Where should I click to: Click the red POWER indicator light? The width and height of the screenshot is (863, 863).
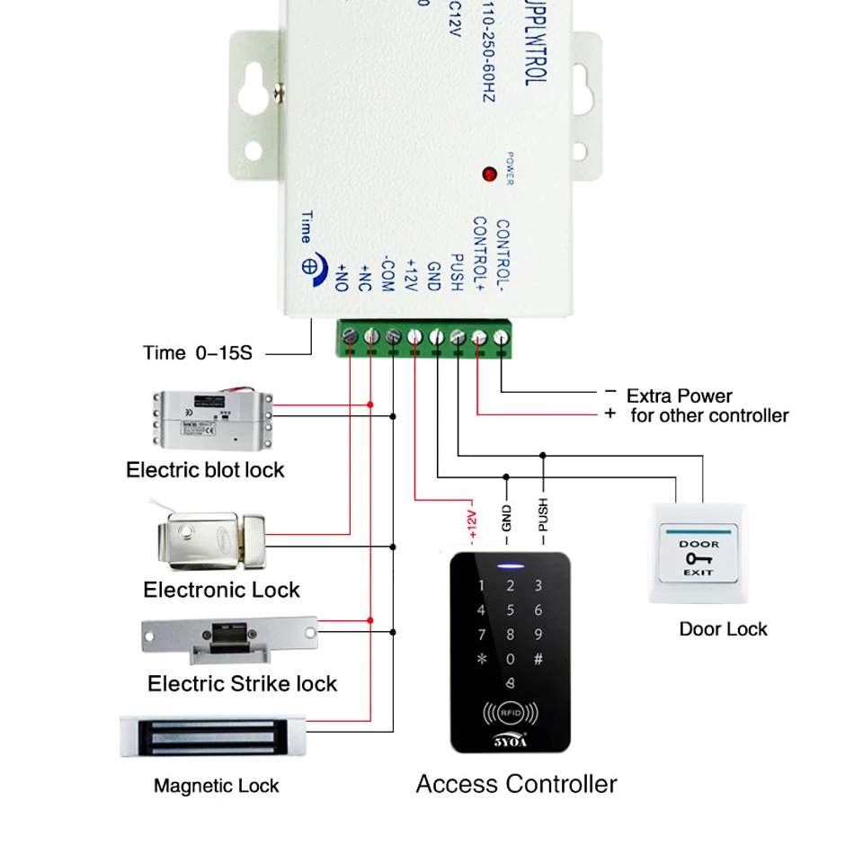coord(490,173)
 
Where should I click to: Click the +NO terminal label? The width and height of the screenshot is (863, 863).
coord(342,275)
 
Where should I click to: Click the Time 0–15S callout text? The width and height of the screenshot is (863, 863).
coord(198,352)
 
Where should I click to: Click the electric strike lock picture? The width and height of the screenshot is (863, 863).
coord(230,635)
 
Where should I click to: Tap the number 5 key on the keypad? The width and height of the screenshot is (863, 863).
coord(511,611)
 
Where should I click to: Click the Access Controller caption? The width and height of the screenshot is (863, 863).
coord(516,784)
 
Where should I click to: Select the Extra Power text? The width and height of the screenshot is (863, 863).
coord(679,396)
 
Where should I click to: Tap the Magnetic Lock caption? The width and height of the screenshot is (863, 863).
coord(217,787)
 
